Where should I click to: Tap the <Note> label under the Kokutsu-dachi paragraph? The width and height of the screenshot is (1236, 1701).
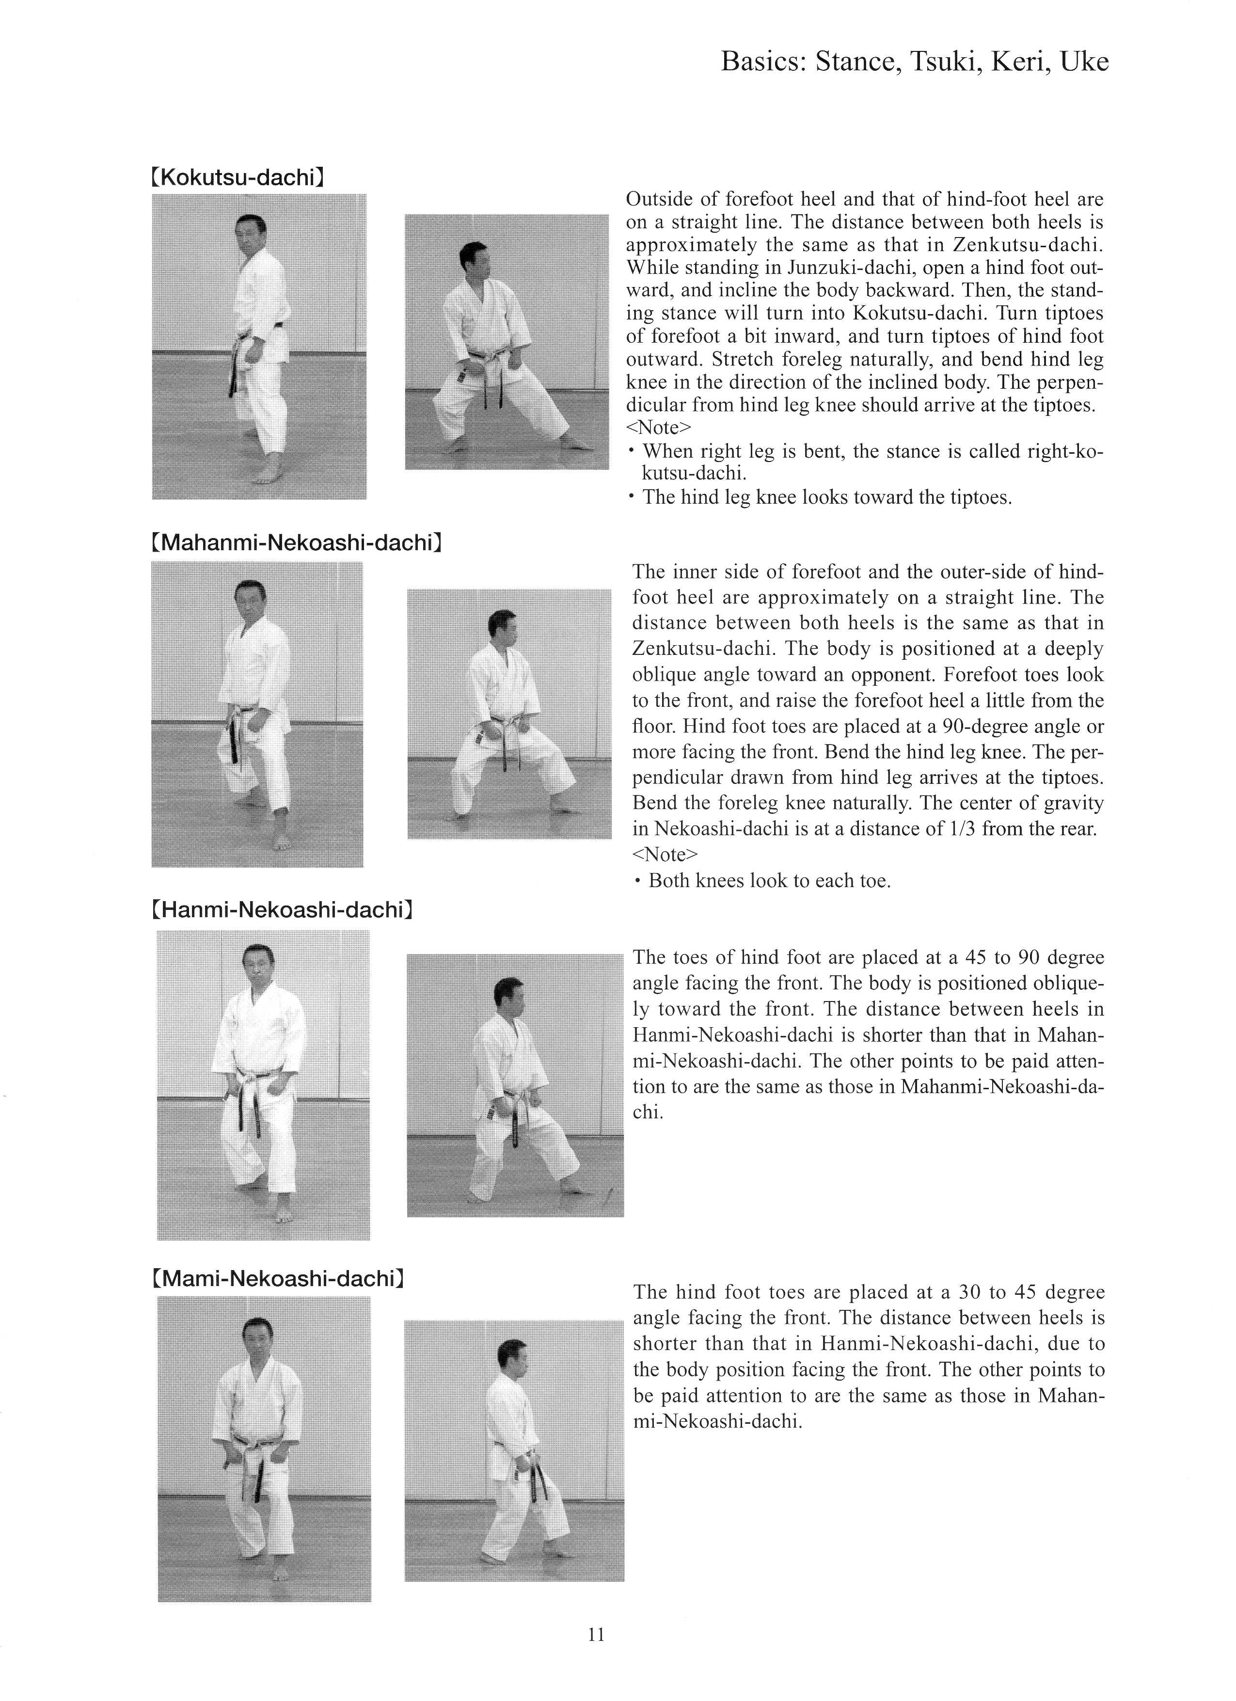659,428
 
